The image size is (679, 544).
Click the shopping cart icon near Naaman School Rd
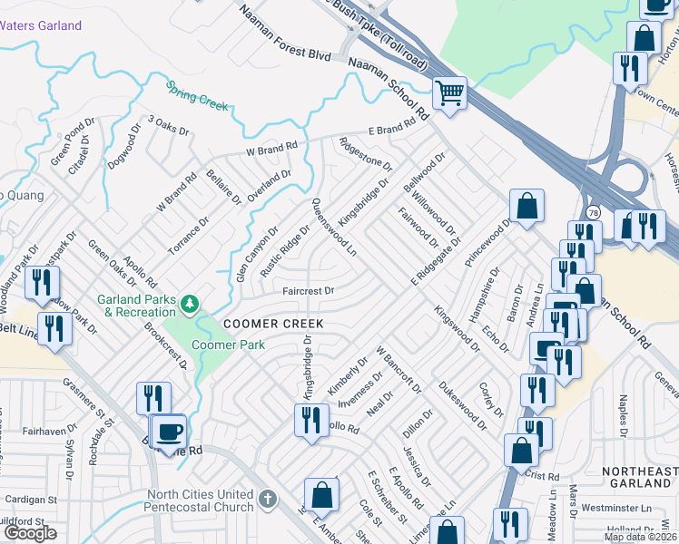click(450, 92)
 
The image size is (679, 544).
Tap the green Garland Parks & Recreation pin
click(190, 304)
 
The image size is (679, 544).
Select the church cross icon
click(267, 499)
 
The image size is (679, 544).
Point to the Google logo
click(30, 533)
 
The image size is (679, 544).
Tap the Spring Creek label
click(197, 95)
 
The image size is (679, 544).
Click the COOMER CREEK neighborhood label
click(273, 324)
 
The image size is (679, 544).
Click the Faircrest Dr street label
click(309, 291)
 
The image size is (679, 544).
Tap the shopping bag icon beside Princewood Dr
click(526, 206)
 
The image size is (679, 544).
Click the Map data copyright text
click(640, 537)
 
